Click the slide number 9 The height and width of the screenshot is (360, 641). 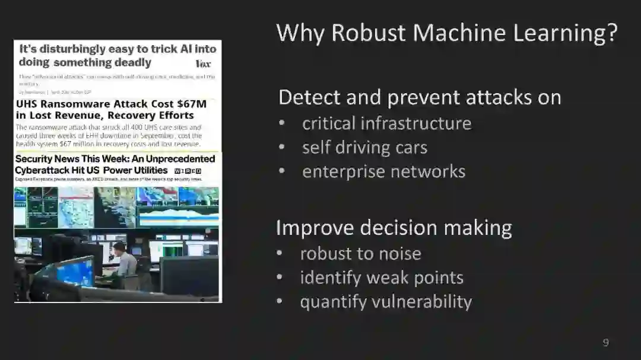click(x=605, y=342)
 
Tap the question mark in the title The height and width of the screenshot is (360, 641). click(x=611, y=33)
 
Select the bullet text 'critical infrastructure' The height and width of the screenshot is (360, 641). click(x=386, y=123)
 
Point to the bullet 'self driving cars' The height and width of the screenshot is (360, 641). click(x=364, y=147)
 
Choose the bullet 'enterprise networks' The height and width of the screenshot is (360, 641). click(x=383, y=171)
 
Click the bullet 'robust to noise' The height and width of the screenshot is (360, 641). click(x=360, y=253)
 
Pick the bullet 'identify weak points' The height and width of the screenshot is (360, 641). click(x=382, y=277)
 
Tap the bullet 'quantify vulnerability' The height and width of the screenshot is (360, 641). click(x=386, y=301)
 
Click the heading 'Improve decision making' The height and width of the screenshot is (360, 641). click(x=394, y=228)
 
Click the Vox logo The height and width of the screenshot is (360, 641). click(x=203, y=63)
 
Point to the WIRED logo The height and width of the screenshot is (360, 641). click(x=188, y=171)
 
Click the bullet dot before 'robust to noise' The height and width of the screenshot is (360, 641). click(x=280, y=254)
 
